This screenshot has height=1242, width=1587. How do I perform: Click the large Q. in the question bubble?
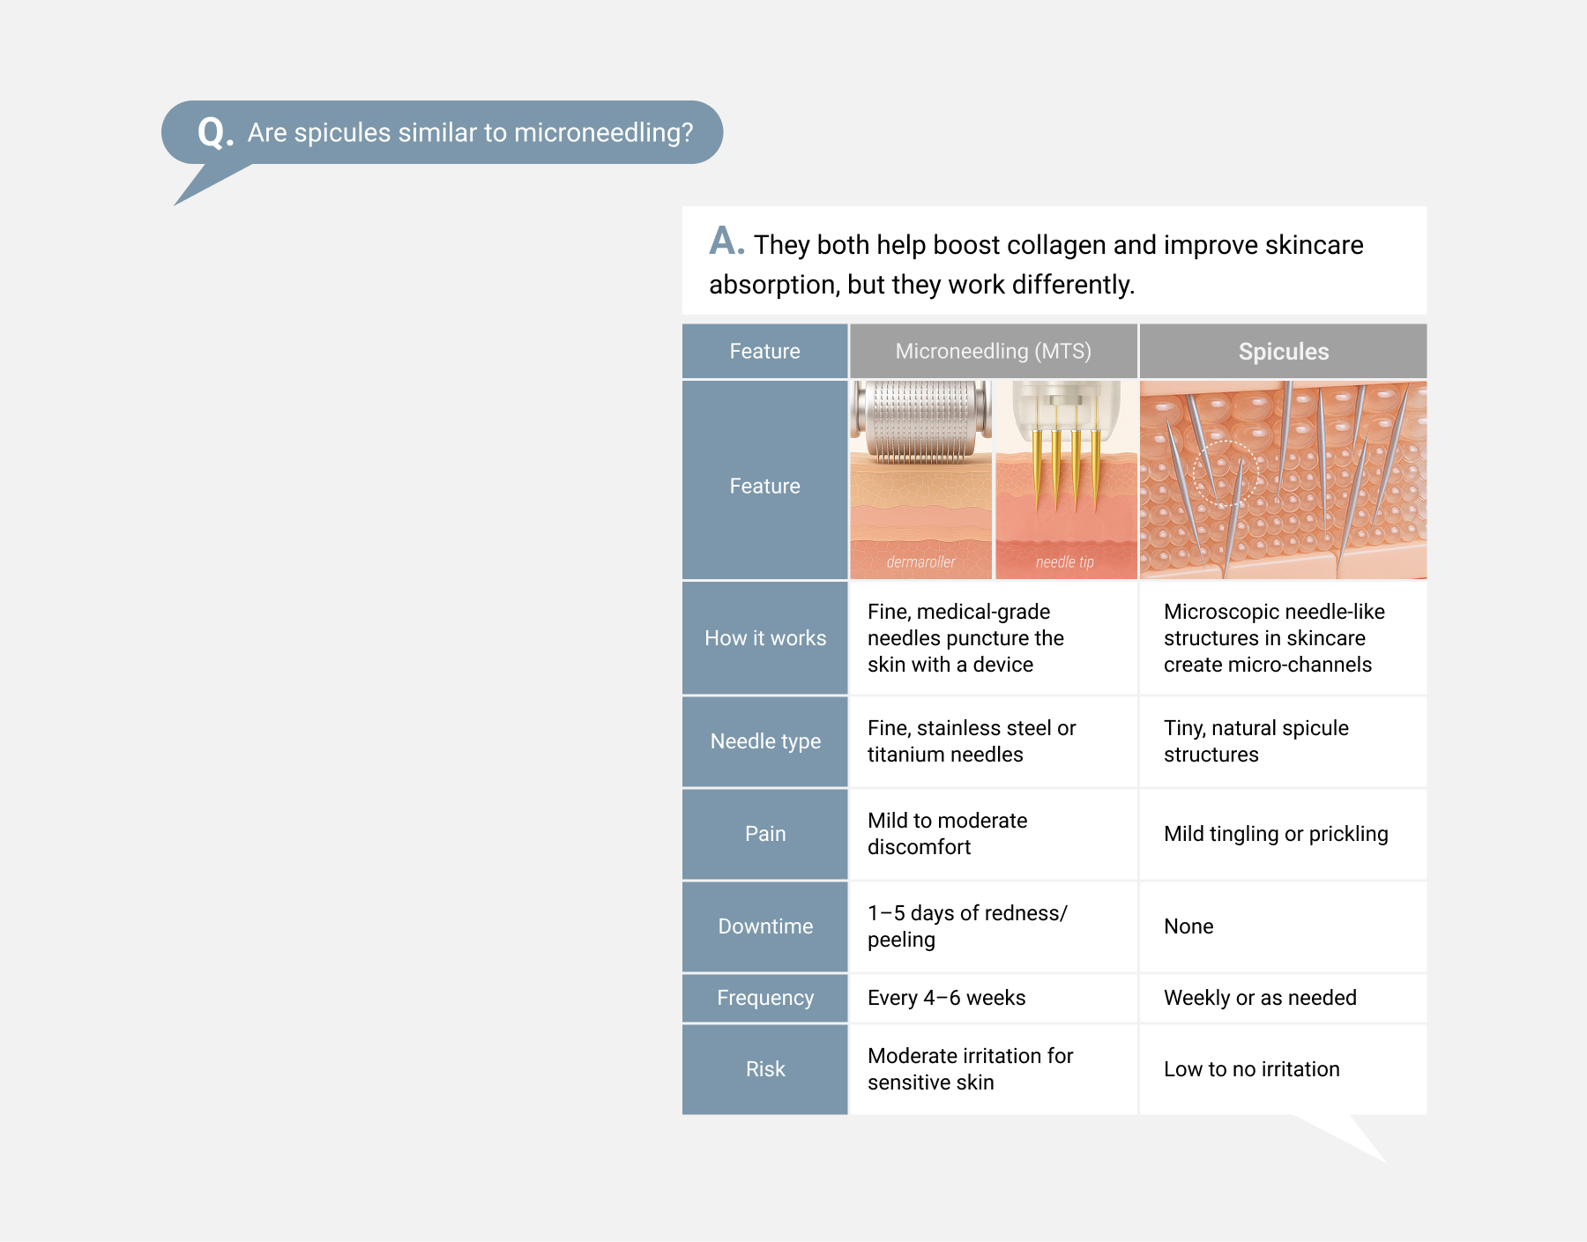point(215,132)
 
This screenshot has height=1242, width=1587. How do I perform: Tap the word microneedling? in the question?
point(603,133)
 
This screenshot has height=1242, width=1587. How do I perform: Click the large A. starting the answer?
point(726,241)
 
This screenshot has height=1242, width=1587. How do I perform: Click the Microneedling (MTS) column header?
point(993,352)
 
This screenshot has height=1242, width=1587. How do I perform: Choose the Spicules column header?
point(1283,352)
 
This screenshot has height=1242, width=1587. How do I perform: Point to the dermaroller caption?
point(920,562)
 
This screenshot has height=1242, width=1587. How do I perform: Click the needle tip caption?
point(1064,562)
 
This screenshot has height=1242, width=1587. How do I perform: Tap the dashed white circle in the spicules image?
point(1225,472)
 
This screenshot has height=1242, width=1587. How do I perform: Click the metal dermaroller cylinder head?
point(920,420)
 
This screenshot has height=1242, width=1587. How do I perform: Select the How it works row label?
point(765,638)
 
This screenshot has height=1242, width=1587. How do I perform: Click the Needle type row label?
point(765,741)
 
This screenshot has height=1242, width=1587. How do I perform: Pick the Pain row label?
point(765,834)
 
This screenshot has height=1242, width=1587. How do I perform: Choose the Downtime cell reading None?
point(1188,926)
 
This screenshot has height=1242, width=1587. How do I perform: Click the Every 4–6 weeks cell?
point(946,998)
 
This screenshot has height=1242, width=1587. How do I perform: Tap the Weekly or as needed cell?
point(1260,998)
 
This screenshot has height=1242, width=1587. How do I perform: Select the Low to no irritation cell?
point(1251,1069)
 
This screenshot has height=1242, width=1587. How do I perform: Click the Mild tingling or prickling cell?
point(1276,834)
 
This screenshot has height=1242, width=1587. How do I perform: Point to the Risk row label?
point(765,1069)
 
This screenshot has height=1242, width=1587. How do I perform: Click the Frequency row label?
point(765,998)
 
